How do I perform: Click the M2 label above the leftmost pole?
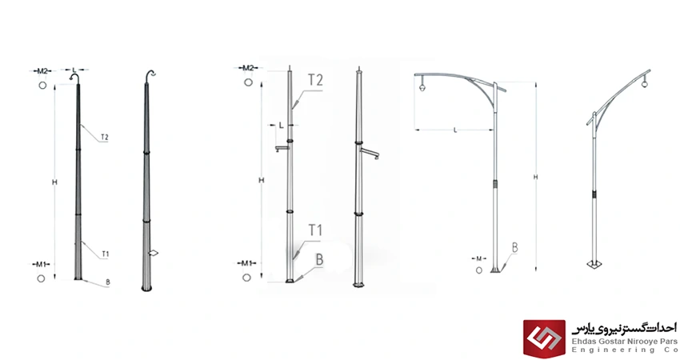coord(42,70)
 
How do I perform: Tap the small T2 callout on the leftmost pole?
coord(105,138)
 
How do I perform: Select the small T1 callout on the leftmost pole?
coord(106,254)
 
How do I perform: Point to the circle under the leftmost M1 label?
coord(41,278)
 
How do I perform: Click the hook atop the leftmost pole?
coord(74,77)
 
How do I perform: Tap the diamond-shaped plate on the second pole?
coord(153,253)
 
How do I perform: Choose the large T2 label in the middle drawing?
coord(315,80)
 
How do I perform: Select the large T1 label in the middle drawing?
coord(315,230)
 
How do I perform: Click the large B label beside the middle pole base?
coord(320,260)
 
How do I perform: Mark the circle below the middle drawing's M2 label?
coord(248,82)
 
